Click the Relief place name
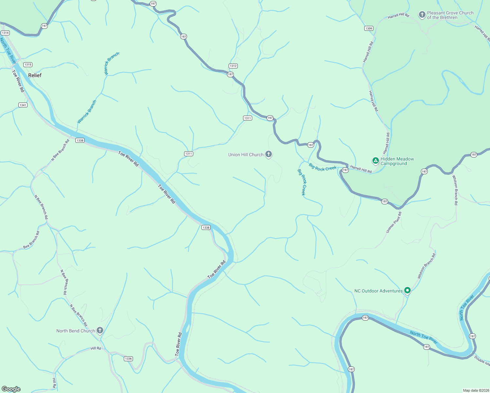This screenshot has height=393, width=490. pos(35,75)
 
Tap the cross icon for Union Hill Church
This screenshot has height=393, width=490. pos(269,154)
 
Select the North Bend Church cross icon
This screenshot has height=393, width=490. pos(100,330)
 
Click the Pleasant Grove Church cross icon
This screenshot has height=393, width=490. pos(422,14)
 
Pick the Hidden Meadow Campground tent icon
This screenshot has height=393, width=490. pos(375,160)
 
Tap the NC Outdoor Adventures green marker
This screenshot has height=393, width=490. pos(407,290)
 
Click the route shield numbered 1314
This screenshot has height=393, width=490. pos(5,33)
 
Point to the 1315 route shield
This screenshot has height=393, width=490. pos(28,65)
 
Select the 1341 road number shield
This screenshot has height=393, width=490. pos(23,105)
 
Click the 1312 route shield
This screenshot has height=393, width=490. pos(233,66)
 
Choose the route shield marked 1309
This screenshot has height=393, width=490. pos(369,28)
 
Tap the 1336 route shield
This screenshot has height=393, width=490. pos(128,359)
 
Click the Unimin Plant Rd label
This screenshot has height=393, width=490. pos(393,222)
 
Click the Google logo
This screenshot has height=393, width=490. pos(11,389)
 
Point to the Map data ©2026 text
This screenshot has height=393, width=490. pos(476,390)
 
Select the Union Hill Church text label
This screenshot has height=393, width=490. pos(246,155)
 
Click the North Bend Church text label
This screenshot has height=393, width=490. pos(75,331)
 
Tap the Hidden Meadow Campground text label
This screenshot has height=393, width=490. pos(397,161)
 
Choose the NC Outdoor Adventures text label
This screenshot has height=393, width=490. pos(378,291)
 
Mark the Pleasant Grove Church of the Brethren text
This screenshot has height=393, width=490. pos(450,15)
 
